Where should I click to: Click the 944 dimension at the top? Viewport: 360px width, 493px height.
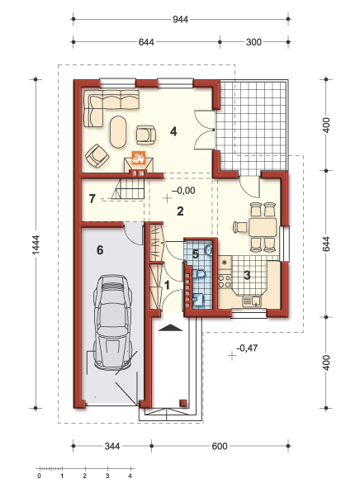(x=181, y=20)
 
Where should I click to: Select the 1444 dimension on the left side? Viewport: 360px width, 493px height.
(x=36, y=244)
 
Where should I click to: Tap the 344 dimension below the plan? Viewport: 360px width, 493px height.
(x=112, y=446)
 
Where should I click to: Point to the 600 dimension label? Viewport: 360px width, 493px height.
(x=220, y=446)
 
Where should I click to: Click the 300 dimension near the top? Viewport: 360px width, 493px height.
(x=253, y=42)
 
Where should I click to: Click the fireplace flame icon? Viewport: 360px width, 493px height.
(x=139, y=157)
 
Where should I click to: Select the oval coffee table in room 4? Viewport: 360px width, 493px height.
(x=118, y=132)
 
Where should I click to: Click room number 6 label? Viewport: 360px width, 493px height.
(x=100, y=250)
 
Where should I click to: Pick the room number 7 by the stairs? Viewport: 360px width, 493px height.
(x=92, y=199)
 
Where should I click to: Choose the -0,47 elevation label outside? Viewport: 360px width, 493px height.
(x=247, y=348)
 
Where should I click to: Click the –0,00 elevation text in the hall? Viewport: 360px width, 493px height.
(x=183, y=191)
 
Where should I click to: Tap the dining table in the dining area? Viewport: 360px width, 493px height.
(x=263, y=227)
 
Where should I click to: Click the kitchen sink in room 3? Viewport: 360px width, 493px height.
(x=252, y=301)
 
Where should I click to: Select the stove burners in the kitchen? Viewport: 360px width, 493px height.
(x=225, y=281)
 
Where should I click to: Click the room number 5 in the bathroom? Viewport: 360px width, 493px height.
(x=196, y=254)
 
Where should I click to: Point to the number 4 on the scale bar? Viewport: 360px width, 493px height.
(x=130, y=476)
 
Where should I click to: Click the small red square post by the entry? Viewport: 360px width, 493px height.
(x=183, y=403)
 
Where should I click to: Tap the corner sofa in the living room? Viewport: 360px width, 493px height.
(x=107, y=104)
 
